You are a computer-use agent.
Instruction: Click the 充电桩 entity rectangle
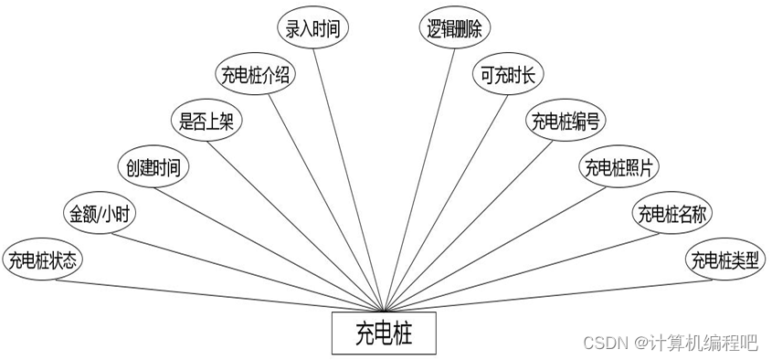[x=384, y=334]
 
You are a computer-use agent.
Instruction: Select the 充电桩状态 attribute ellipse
[x=44, y=260]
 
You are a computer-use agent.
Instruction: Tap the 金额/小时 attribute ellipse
[x=97, y=215]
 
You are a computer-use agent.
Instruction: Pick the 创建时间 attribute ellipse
[x=153, y=167]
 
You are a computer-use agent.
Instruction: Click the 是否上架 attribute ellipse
[x=207, y=121]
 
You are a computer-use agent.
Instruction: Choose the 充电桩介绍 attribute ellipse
[x=256, y=75]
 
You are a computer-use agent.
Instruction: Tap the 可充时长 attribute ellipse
[x=510, y=75]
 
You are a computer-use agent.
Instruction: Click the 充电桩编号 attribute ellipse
[x=565, y=121]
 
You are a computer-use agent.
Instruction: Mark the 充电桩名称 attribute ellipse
[x=673, y=215]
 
